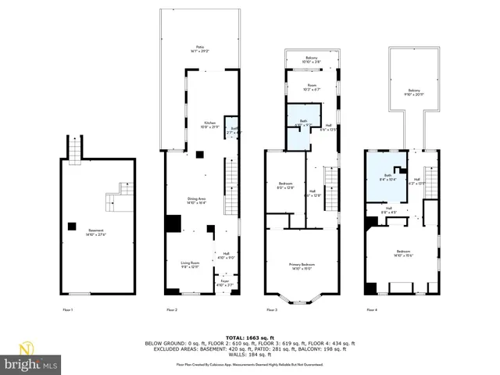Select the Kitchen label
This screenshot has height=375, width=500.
(x=210, y=125)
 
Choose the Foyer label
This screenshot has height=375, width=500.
(x=223, y=284)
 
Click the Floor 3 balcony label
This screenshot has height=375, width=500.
(x=311, y=59)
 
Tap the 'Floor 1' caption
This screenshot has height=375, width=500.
(x=68, y=311)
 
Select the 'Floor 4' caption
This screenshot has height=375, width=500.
(x=371, y=311)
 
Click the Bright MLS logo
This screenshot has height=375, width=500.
(x=30, y=359)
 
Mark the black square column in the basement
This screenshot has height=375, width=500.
(x=72, y=227)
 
